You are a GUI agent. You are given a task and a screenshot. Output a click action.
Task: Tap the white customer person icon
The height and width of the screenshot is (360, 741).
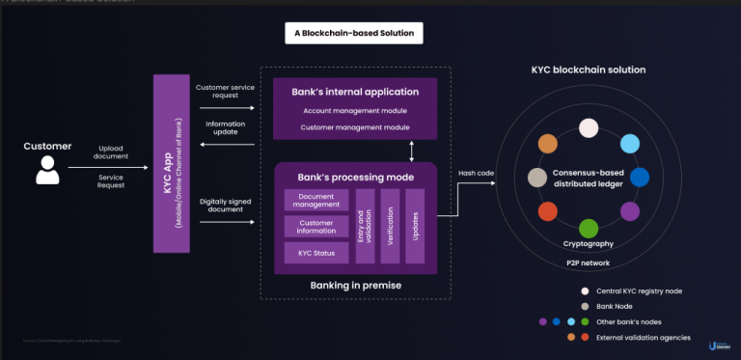[46, 171]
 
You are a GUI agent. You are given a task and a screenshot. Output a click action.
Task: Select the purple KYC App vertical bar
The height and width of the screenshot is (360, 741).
[171, 164]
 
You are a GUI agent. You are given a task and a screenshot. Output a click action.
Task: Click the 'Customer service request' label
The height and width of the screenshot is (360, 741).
[226, 93]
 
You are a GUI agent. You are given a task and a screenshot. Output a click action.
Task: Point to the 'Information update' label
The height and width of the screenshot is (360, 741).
[226, 128]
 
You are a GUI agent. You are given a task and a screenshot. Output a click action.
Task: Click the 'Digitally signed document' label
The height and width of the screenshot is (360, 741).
[226, 206]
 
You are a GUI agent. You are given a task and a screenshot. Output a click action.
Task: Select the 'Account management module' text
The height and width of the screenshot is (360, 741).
[355, 111]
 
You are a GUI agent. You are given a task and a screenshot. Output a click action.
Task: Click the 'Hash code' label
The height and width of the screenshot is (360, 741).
[476, 173]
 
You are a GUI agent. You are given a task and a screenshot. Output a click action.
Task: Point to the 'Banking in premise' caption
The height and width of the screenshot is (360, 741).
[355, 286]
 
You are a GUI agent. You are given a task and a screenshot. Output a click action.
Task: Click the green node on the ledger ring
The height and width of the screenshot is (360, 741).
[588, 228]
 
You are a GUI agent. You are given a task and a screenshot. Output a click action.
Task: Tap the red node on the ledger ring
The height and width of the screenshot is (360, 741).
[547, 210]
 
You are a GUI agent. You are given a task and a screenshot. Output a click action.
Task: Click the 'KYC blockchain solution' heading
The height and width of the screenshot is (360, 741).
[589, 70]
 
